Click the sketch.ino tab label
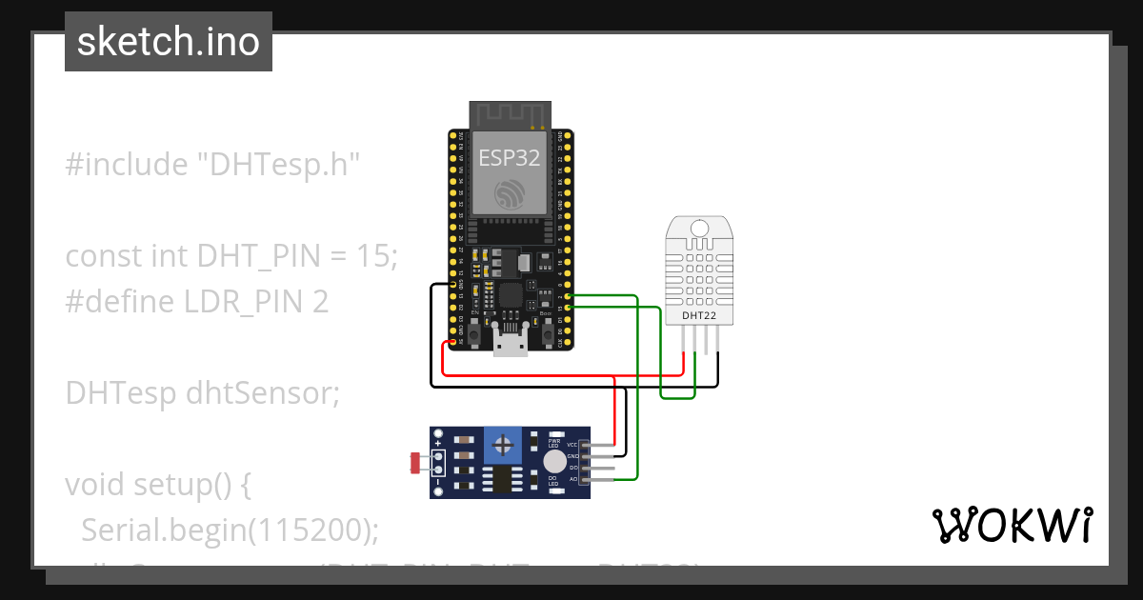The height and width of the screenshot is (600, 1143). click(x=168, y=42)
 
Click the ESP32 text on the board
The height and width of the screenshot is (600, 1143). click(x=510, y=158)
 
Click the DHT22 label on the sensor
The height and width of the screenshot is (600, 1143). click(x=699, y=315)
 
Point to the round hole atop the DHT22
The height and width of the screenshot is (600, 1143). click(x=699, y=229)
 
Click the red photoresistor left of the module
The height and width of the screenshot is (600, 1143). click(x=416, y=463)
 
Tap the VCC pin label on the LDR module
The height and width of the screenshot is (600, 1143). click(x=572, y=445)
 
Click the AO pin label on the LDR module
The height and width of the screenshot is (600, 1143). click(x=573, y=479)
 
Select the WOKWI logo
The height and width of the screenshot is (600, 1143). click(x=1011, y=525)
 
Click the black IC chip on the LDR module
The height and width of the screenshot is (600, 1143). click(x=499, y=479)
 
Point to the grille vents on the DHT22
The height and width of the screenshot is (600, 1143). click(x=699, y=270)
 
